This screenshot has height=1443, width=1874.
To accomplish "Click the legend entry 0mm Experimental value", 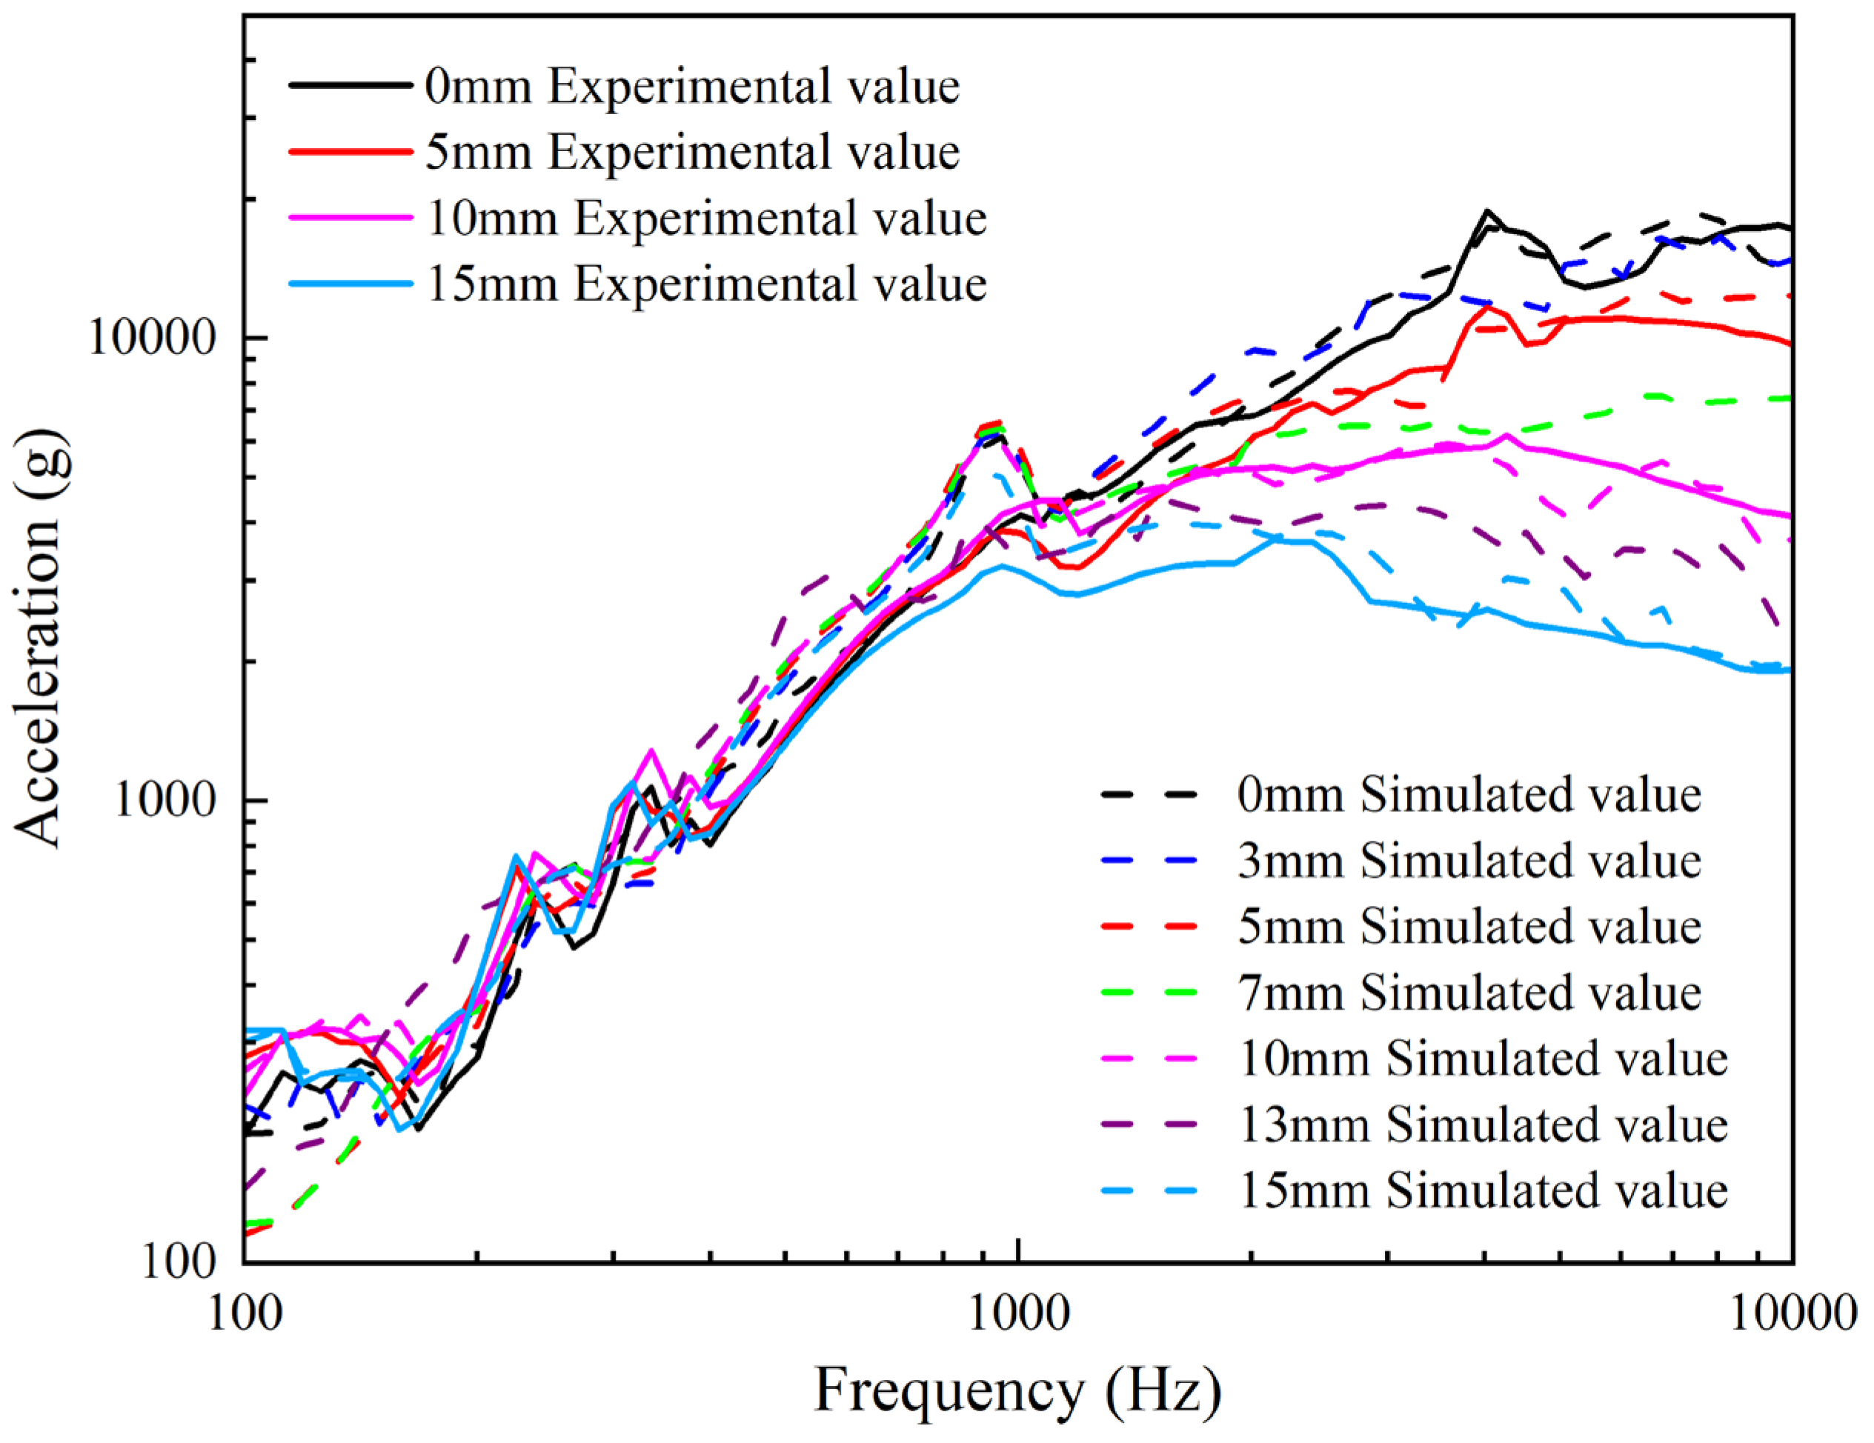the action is tap(692, 87).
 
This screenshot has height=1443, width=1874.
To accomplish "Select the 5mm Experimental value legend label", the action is tap(692, 152).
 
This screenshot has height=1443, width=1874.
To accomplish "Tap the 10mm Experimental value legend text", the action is tap(706, 218).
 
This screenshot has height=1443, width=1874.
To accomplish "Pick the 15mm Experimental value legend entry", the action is tap(706, 284).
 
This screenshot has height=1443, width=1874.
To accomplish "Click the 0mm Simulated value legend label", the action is tap(1469, 794).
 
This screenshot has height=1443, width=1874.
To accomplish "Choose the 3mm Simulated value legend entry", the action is tap(1469, 861).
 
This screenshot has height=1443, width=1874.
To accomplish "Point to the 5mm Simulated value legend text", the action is tap(1469, 927).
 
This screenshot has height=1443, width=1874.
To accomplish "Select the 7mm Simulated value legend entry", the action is tap(1469, 993).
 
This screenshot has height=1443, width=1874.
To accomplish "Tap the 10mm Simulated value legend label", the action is tap(1483, 1059).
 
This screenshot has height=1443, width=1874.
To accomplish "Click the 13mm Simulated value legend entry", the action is tap(1483, 1124).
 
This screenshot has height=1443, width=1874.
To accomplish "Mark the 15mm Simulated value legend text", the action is tap(1483, 1191).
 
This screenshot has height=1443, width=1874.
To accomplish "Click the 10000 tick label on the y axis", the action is tap(151, 337).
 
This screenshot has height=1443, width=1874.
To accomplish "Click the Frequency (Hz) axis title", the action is tap(1017, 1390).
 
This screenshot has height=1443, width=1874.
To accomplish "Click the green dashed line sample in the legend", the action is tap(1150, 993).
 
